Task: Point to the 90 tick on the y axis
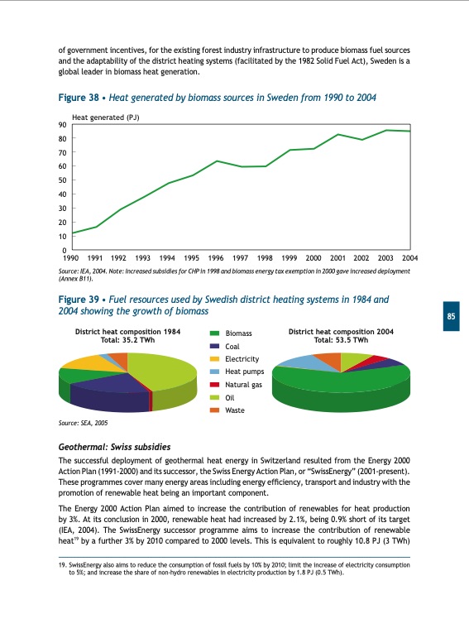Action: point(63,125)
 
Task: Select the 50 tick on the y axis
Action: point(63,180)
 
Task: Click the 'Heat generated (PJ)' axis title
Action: point(106,117)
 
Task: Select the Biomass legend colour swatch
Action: point(214,333)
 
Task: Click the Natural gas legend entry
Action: point(243,385)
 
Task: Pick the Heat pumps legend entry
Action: point(243,372)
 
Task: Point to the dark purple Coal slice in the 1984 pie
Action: point(112,385)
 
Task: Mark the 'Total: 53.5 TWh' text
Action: point(340,340)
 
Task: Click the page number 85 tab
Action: point(453,319)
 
